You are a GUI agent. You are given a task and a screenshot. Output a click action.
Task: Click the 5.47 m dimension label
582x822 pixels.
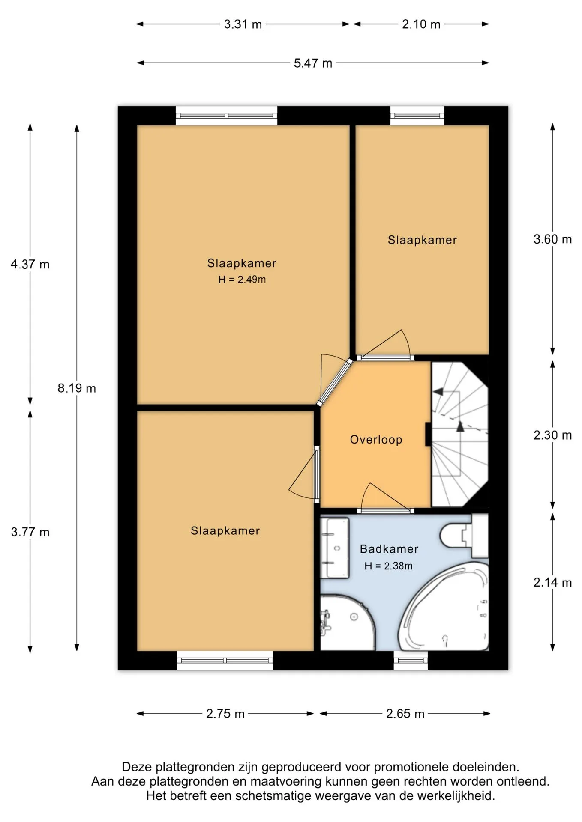[313, 63]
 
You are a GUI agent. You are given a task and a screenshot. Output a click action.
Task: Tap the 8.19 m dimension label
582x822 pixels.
[77, 388]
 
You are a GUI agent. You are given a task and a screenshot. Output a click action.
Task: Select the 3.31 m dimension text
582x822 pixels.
[243, 24]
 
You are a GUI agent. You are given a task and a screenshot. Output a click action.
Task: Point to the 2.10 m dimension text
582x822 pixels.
[421, 24]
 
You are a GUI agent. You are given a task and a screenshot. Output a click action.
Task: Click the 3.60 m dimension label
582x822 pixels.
[552, 239]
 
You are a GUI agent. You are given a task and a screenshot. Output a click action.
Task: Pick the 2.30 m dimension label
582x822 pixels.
[552, 435]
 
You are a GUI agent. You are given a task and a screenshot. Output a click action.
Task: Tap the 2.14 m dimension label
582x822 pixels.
[552, 582]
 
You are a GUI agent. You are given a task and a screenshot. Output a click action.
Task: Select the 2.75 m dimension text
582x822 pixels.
[225, 714]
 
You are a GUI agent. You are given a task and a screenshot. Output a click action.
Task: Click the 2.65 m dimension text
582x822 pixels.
[405, 714]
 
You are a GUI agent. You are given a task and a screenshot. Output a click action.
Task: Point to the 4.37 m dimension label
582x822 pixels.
[30, 265]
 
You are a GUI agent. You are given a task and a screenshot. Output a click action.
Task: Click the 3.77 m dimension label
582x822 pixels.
[30, 532]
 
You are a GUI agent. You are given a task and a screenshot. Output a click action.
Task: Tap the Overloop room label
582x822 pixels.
[376, 440]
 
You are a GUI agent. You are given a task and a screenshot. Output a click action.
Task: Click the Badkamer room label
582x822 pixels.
[389, 549]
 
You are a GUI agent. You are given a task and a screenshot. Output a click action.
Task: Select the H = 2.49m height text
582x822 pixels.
[242, 280]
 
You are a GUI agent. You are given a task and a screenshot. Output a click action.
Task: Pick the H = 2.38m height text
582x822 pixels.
[388, 566]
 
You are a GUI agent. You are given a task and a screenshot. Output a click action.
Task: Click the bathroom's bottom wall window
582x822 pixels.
[411, 661]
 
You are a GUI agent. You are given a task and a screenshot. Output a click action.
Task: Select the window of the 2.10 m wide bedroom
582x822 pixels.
[417, 116]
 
